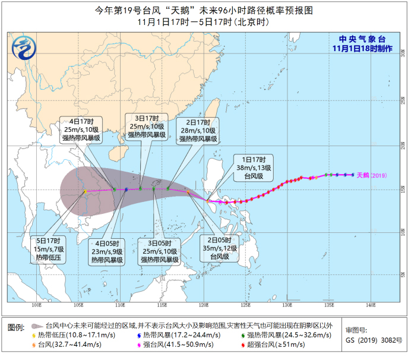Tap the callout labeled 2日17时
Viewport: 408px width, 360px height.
pyautogui.click(x=197, y=130)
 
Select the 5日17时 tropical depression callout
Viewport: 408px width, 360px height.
pyautogui.click(x=49, y=249)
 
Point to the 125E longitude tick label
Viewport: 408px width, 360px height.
pyautogui.click(x=245, y=305)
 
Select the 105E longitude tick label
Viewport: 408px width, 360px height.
pyautogui.click(x=78, y=305)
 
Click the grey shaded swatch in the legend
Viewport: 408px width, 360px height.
pyautogui.click(x=37, y=326)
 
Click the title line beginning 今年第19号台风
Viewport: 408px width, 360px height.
pyautogui.click(x=204, y=11)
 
